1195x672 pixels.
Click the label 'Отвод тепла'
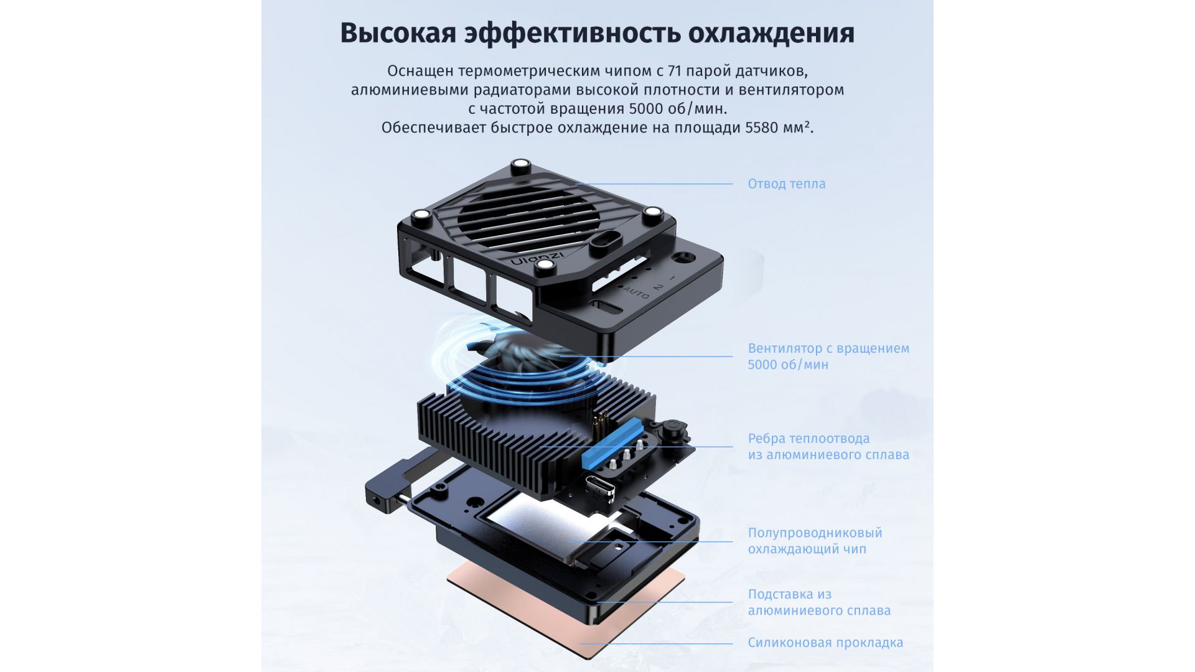point(787,184)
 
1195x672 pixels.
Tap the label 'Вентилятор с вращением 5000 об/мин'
point(828,356)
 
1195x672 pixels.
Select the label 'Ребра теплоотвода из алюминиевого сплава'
point(828,446)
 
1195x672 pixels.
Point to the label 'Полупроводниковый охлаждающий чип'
point(815,541)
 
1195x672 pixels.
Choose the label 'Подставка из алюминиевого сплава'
point(819,602)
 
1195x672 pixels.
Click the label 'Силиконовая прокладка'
point(825,642)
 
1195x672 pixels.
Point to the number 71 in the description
point(675,71)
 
